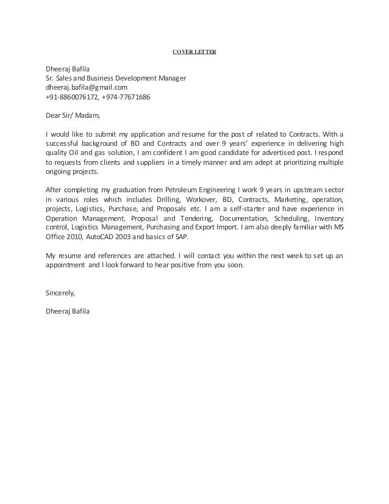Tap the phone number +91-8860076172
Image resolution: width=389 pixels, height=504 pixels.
pos(72,97)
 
